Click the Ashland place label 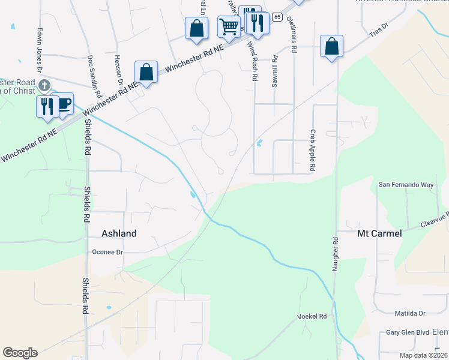pyautogui.click(x=119, y=233)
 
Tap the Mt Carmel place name pyautogui.click(x=379, y=233)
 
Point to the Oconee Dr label pyautogui.click(x=108, y=252)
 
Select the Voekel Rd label pyautogui.click(x=312, y=316)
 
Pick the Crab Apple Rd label pyautogui.click(x=313, y=151)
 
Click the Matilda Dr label pyautogui.click(x=409, y=313)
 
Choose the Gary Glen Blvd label pyautogui.click(x=408, y=332)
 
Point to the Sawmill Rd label pyautogui.click(x=274, y=71)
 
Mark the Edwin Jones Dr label pyautogui.click(x=40, y=52)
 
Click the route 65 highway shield pyautogui.click(x=277, y=17)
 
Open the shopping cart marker pyautogui.click(x=229, y=27)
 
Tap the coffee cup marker pyautogui.click(x=63, y=103)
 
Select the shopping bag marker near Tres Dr pyautogui.click(x=331, y=46)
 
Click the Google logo pyautogui.click(x=20, y=353)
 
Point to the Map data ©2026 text pyautogui.click(x=424, y=355)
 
